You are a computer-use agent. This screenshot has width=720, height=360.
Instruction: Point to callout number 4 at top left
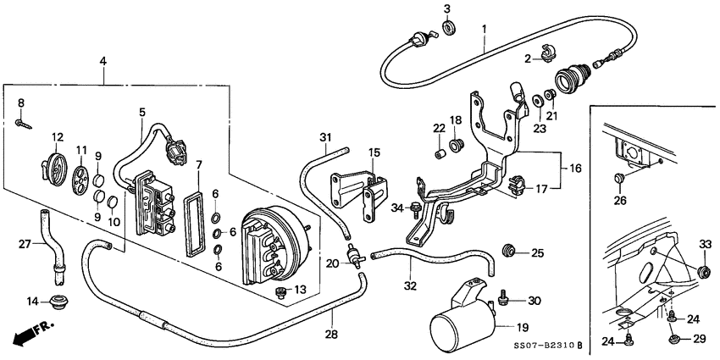103,60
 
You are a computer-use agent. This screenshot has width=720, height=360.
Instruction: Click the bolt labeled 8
23,124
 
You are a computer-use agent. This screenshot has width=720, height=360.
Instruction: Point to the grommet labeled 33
703,271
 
